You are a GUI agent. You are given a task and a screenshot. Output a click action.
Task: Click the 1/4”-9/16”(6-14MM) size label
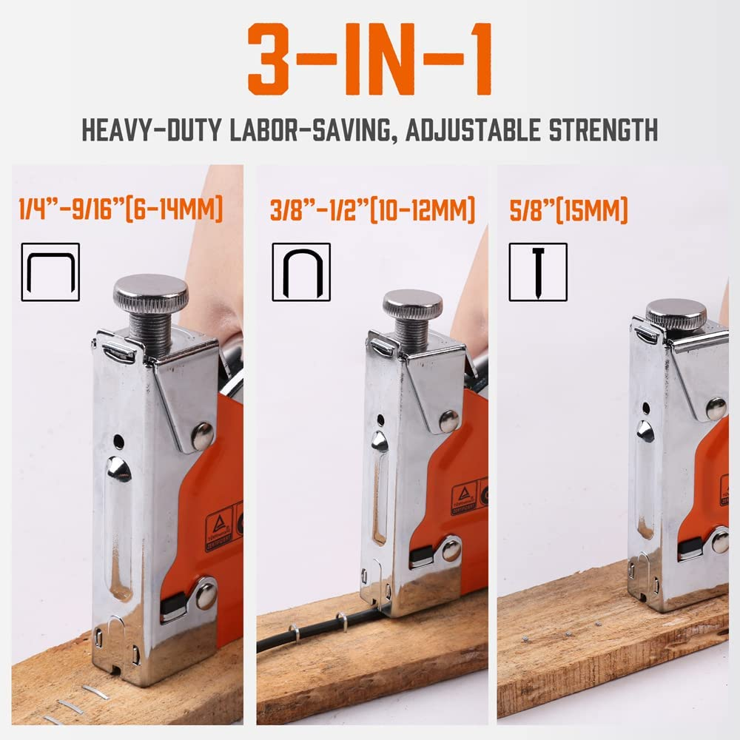click(x=121, y=209)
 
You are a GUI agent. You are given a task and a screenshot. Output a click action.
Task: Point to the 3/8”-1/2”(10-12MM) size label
click(x=372, y=209)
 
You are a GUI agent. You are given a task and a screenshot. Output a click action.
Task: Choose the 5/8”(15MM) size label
click(x=568, y=209)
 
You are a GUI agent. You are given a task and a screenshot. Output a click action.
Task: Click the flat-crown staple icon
click(x=50, y=272)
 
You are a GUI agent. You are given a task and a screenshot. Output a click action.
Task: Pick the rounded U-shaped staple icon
click(x=301, y=272)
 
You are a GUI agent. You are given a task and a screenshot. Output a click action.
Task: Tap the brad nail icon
click(x=538, y=272)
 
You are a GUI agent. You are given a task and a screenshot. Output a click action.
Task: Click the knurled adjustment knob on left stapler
click(x=150, y=294)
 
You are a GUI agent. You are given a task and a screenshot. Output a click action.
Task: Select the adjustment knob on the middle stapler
click(x=412, y=303)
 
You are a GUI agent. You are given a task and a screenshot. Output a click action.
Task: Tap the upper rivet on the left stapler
click(x=202, y=437)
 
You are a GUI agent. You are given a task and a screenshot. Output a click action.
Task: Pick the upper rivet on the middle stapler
click(x=448, y=421)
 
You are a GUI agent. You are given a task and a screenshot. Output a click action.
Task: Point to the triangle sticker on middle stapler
click(x=464, y=500)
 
